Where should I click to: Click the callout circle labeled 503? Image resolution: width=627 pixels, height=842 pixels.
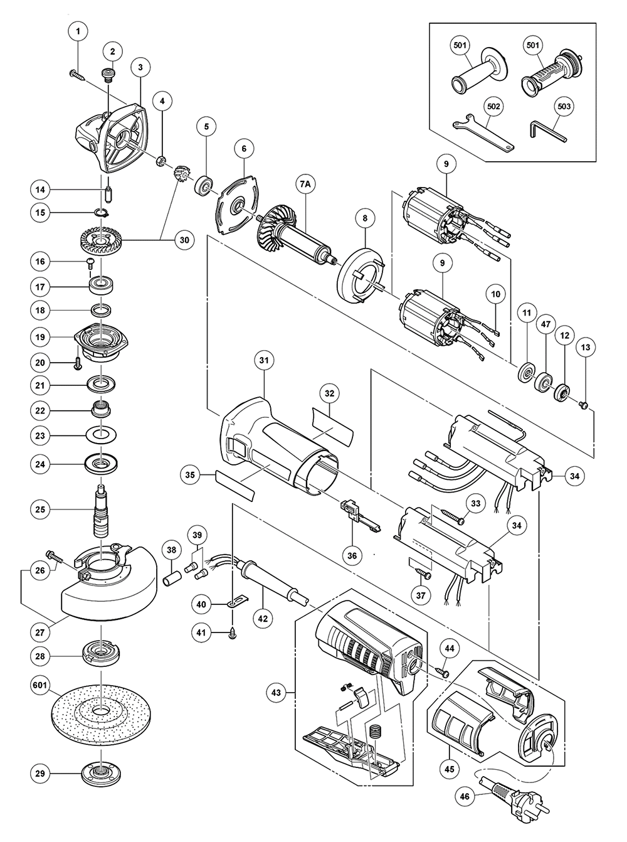pyautogui.click(x=564, y=107)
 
